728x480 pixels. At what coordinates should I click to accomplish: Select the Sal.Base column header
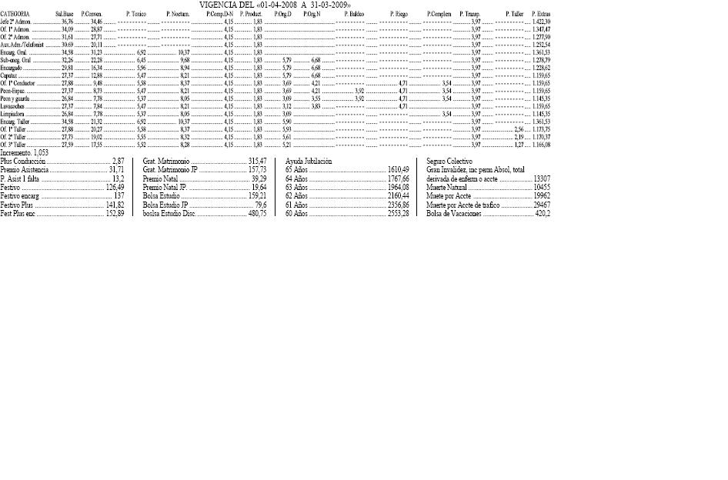(65, 15)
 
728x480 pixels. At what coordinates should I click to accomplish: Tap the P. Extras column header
(540, 15)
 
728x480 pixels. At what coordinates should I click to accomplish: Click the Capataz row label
(10, 75)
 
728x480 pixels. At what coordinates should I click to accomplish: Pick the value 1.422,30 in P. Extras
(541, 22)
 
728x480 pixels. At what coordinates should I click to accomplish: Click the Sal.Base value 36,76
(67, 22)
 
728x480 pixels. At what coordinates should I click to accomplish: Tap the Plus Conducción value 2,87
(119, 162)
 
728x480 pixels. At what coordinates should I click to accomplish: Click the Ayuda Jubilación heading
(309, 162)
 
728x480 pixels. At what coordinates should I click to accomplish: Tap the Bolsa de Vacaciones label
(454, 214)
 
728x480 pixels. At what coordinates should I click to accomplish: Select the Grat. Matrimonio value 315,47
(257, 162)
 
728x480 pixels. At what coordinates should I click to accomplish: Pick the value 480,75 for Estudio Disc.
(257, 214)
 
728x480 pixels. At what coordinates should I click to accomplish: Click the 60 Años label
(296, 214)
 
